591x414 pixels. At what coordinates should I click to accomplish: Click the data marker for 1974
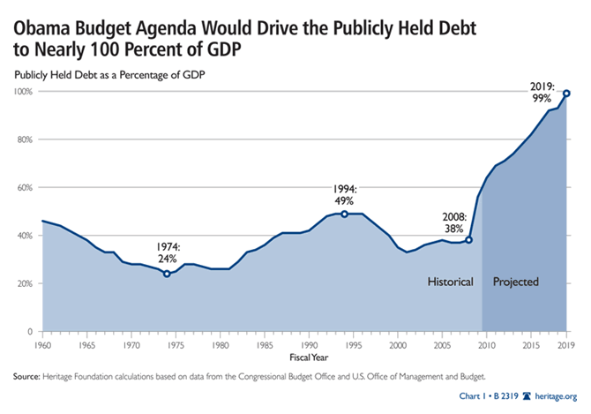tap(167, 274)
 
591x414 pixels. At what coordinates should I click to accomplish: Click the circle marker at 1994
tap(344, 214)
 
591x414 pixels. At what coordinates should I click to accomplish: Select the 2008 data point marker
tap(468, 240)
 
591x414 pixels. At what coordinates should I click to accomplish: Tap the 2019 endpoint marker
tap(566, 94)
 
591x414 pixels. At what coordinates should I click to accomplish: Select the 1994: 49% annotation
tap(345, 194)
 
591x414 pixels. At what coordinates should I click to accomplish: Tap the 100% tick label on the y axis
tap(24, 92)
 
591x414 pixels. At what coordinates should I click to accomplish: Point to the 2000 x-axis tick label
tap(397, 342)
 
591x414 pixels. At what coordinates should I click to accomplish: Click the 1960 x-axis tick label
tap(42, 342)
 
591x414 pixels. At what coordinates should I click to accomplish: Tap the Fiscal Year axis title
tap(303, 357)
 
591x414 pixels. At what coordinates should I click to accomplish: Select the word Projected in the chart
tap(515, 282)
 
